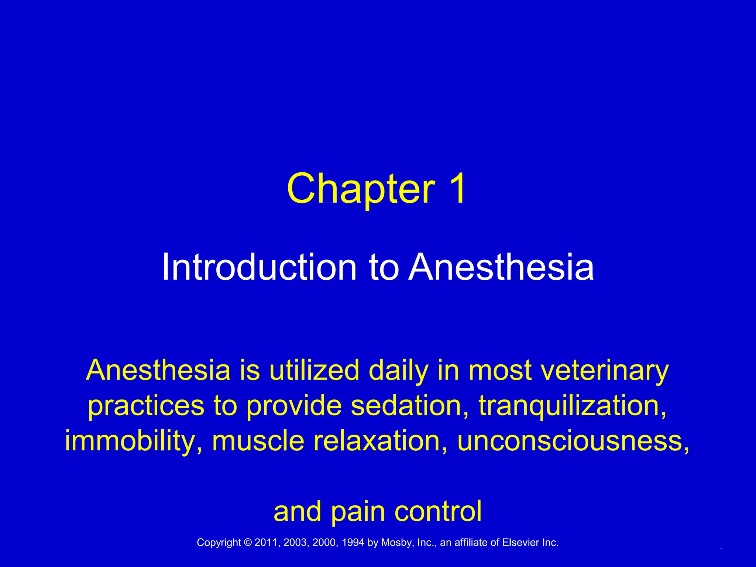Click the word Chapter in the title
click(361, 189)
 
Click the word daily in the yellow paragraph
click(398, 371)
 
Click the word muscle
click(258, 441)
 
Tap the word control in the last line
click(438, 512)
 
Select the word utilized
click(314, 371)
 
